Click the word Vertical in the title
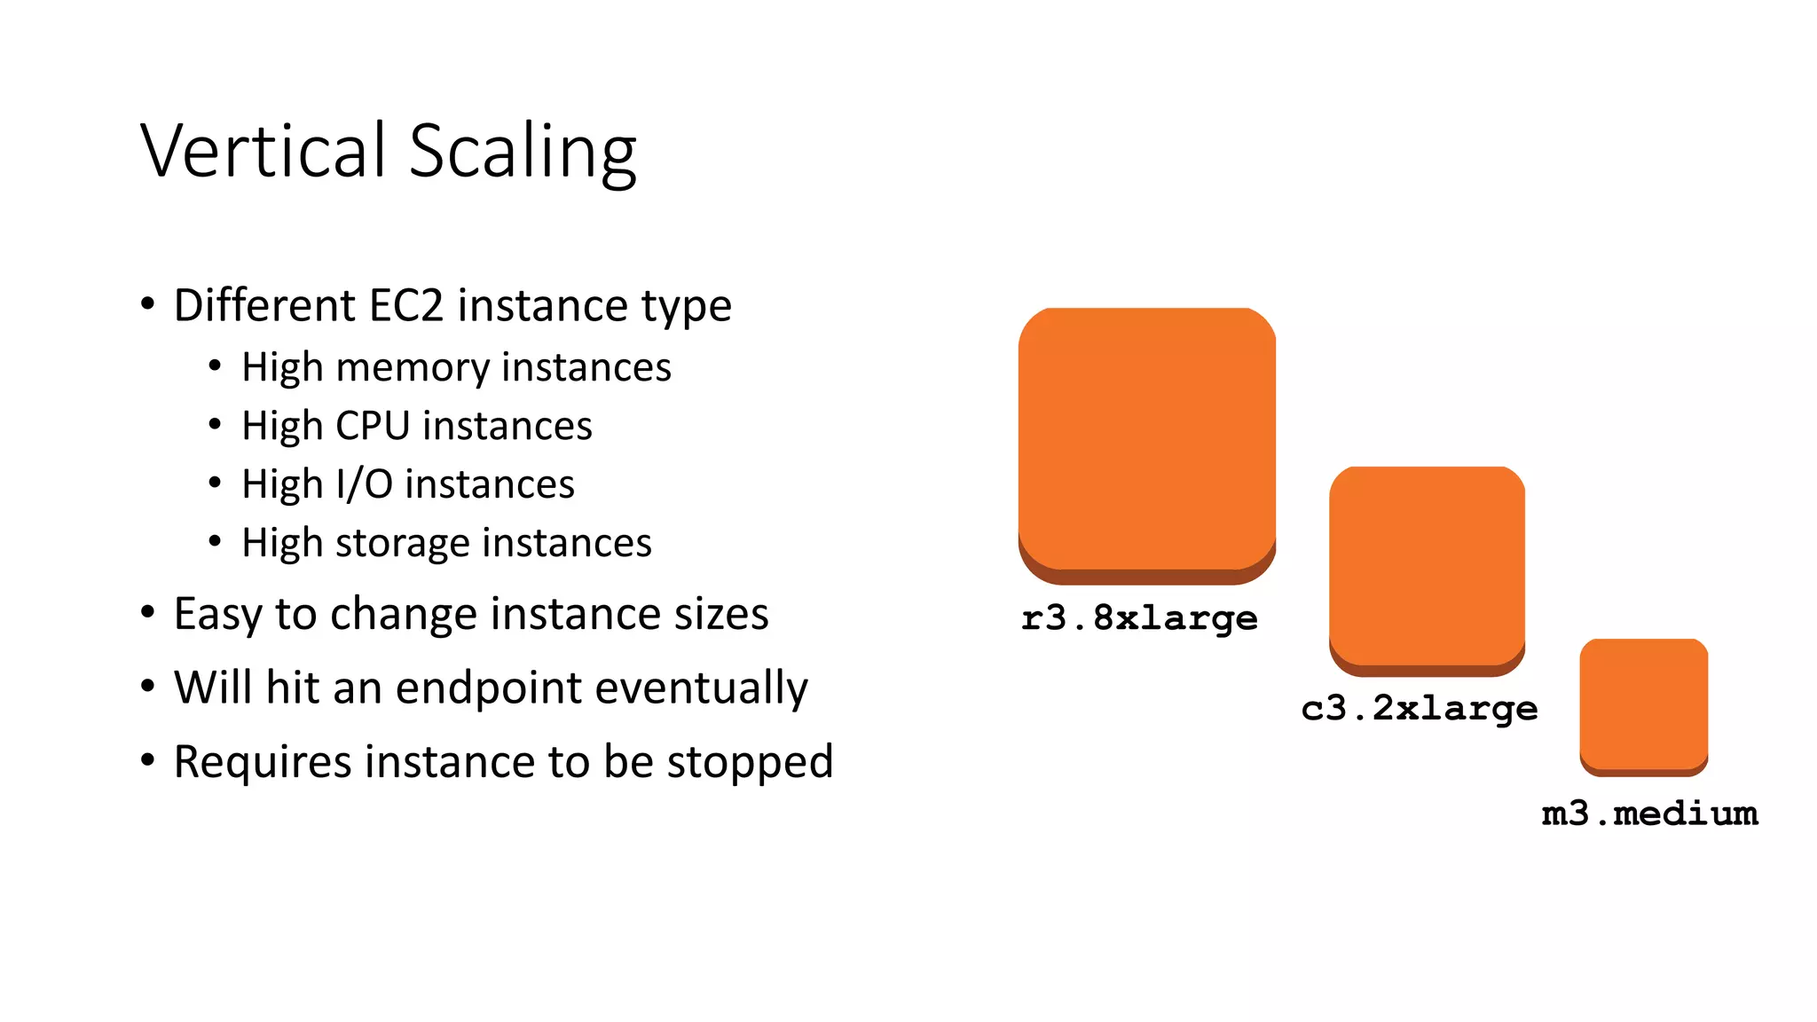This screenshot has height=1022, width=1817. (264, 151)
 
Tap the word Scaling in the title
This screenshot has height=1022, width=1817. (523, 153)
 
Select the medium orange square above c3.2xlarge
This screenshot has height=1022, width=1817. (1427, 569)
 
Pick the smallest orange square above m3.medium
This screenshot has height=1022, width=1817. (1643, 706)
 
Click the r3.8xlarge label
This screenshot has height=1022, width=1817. (1139, 618)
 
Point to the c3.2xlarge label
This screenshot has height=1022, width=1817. (1419, 709)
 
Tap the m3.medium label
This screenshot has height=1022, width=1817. (1649, 814)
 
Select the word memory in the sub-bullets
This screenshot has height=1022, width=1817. (413, 367)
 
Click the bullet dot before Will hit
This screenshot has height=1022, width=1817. (148, 686)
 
